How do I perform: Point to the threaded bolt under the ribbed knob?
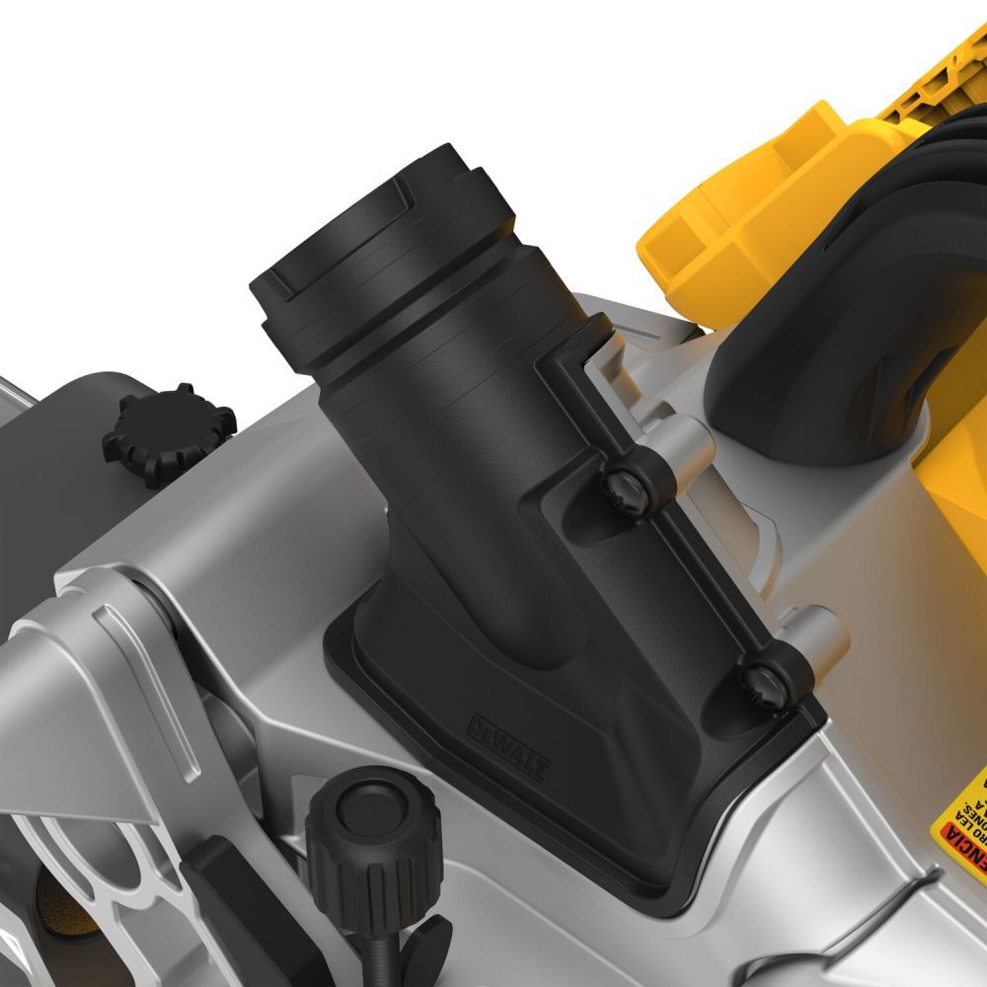(x=381, y=948)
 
